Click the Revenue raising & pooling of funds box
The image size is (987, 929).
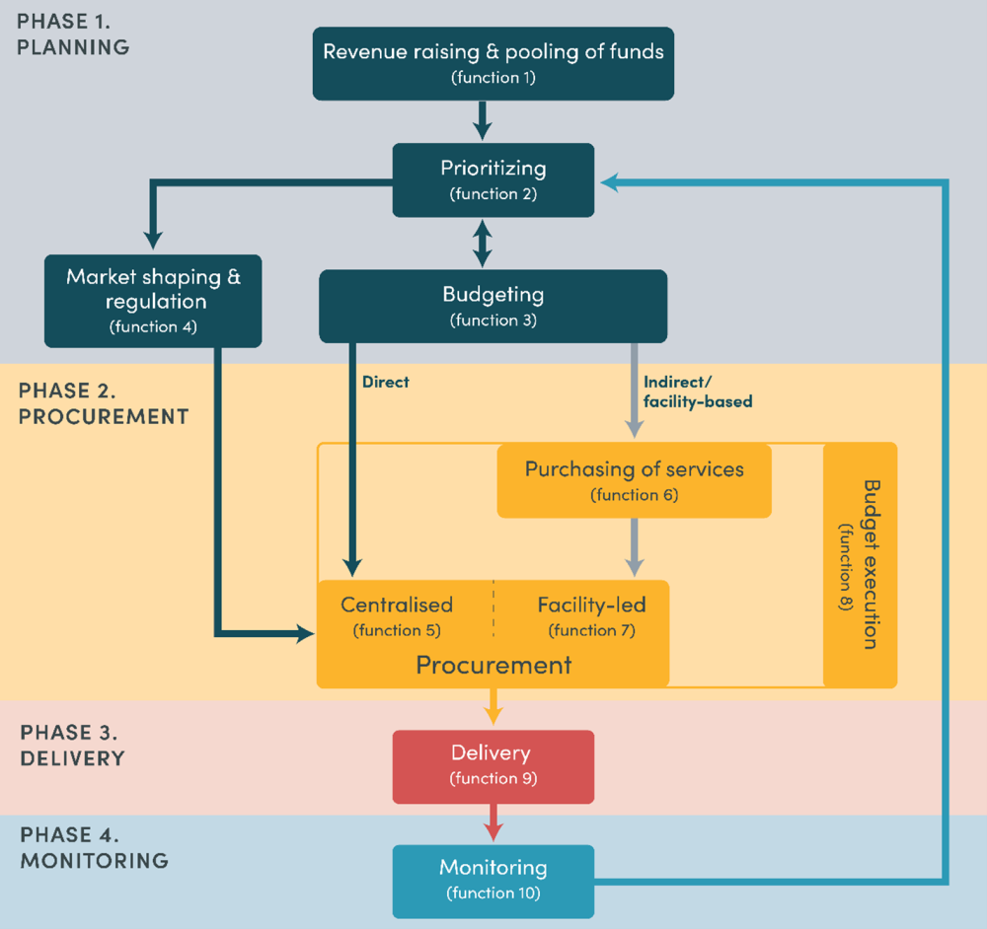[x=493, y=63]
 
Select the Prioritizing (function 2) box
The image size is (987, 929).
[x=493, y=179]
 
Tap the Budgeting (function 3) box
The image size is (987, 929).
[x=493, y=306]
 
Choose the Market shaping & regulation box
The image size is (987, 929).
[x=153, y=300]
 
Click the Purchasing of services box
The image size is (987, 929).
[x=634, y=480]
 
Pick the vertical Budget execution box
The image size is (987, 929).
[x=860, y=565]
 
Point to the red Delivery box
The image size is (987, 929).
[x=493, y=765]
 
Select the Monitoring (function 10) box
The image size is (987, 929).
[x=493, y=880]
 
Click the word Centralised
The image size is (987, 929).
[x=397, y=605]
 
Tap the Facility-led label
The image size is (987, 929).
[x=591, y=605]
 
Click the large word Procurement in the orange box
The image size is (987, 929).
[x=493, y=664]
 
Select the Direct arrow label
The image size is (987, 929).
[x=385, y=382]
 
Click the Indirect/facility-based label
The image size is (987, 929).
[x=697, y=391]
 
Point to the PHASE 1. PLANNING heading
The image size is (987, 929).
[x=73, y=33]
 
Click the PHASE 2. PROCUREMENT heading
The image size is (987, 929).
[x=104, y=402]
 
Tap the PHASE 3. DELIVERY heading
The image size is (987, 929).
[x=73, y=745]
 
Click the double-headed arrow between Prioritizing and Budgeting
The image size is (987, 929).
[x=482, y=243]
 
